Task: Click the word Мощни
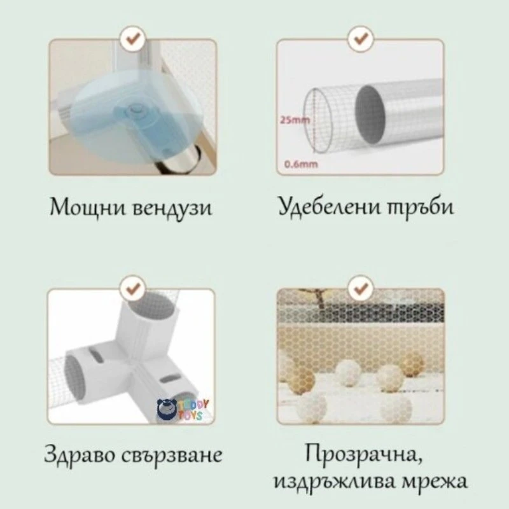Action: point(88,207)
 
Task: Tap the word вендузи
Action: point(172,209)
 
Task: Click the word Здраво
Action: point(79,454)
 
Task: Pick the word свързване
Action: point(172,456)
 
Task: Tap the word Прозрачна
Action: point(364,454)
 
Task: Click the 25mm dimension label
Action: point(295,120)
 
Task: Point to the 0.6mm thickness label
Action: point(301,164)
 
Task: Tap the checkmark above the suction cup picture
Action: point(133,39)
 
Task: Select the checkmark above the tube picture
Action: point(361,39)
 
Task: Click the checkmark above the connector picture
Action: point(133,288)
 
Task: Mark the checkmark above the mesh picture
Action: point(361,288)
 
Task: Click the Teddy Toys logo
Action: point(183,410)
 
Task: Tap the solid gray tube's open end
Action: point(371,115)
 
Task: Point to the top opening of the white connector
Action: point(151,305)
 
